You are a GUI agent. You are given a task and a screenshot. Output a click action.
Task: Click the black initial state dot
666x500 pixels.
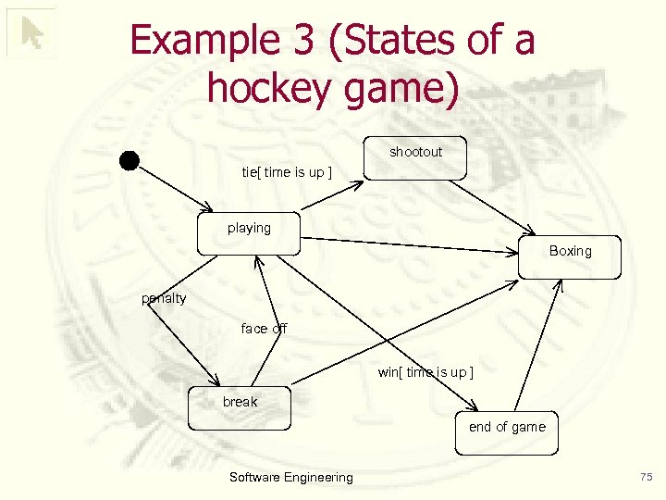[x=129, y=160]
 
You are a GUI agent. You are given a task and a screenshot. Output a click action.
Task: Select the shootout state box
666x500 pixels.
[x=415, y=157]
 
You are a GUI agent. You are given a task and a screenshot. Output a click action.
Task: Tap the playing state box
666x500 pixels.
[x=249, y=233]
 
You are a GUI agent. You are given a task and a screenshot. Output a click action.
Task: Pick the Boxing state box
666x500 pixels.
[x=570, y=256]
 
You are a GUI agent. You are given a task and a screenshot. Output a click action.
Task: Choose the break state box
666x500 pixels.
[x=240, y=407]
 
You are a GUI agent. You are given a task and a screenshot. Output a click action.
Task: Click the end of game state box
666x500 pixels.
[x=507, y=432]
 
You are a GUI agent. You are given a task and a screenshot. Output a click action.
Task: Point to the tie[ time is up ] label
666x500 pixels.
[x=286, y=172]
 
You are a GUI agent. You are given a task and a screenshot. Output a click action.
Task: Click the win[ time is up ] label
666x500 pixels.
[x=425, y=372]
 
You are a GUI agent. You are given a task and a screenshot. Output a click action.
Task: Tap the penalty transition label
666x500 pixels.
[x=164, y=298]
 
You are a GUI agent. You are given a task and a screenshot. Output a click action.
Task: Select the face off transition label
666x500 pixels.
[x=264, y=329]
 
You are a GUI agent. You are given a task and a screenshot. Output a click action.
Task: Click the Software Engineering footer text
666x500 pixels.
[x=290, y=478]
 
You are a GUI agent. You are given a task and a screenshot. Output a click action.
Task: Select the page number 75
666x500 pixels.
[x=646, y=477]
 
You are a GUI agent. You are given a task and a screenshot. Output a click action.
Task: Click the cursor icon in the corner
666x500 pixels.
[x=31, y=33]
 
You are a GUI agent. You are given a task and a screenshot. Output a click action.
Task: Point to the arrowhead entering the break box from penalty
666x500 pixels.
[x=216, y=382]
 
